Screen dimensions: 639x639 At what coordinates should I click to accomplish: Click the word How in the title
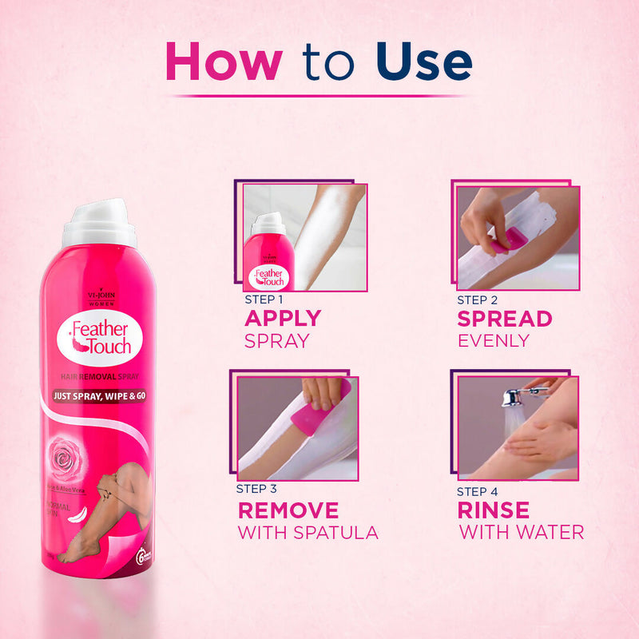click(x=223, y=62)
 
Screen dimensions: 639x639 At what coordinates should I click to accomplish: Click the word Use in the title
click(x=423, y=62)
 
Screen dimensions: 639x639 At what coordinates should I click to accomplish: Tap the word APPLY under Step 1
click(x=283, y=318)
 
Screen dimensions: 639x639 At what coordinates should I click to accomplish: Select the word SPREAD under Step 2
click(x=504, y=319)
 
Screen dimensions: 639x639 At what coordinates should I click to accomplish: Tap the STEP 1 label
click(x=264, y=300)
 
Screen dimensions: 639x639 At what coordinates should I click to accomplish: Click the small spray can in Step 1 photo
click(x=268, y=254)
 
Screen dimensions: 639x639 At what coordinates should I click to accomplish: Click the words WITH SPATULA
click(x=307, y=532)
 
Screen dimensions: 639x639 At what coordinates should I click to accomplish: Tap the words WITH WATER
click(x=521, y=532)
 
